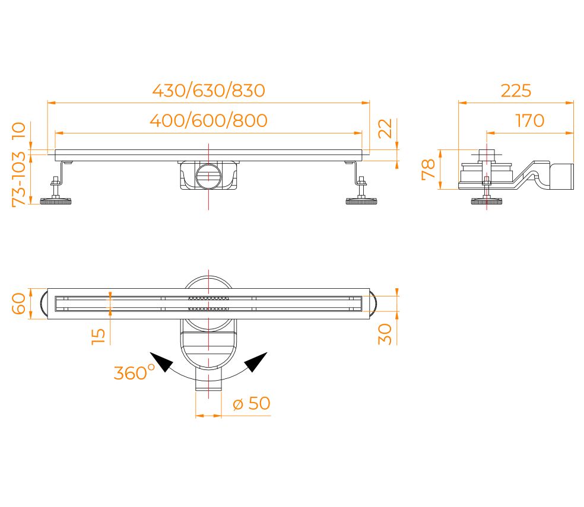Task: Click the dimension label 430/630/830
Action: (x=208, y=91)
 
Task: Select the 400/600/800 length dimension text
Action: (x=208, y=121)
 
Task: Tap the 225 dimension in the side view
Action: (x=516, y=91)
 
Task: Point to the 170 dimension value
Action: (x=529, y=121)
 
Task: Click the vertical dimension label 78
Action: (x=429, y=169)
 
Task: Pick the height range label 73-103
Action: (x=19, y=178)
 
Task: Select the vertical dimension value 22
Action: (x=386, y=128)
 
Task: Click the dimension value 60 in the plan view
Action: (x=19, y=304)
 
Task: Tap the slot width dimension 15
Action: (x=99, y=335)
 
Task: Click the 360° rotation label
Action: (x=134, y=373)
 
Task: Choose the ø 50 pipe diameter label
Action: (x=251, y=404)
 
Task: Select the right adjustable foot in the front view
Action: (x=361, y=200)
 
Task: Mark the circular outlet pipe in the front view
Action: (x=208, y=176)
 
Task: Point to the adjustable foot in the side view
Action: (x=487, y=200)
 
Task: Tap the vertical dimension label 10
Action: (x=19, y=129)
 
